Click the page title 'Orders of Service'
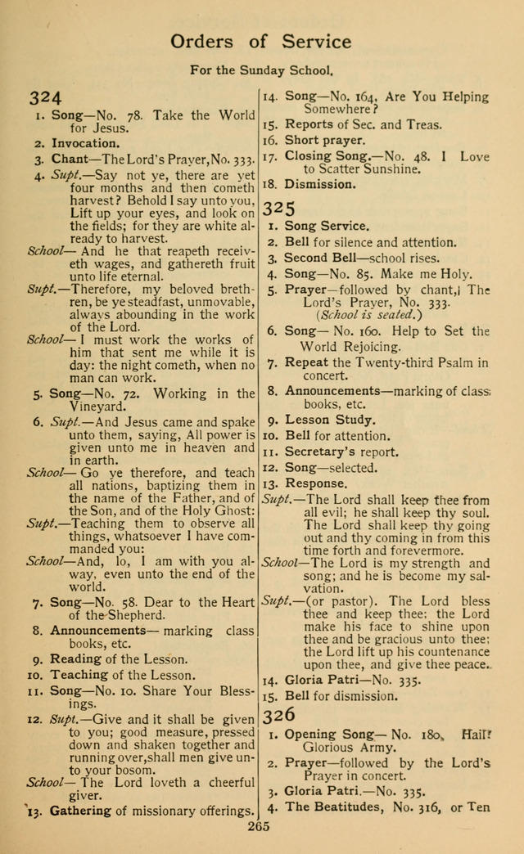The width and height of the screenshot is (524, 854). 261,42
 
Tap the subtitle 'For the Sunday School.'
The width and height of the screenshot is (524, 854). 262,70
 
